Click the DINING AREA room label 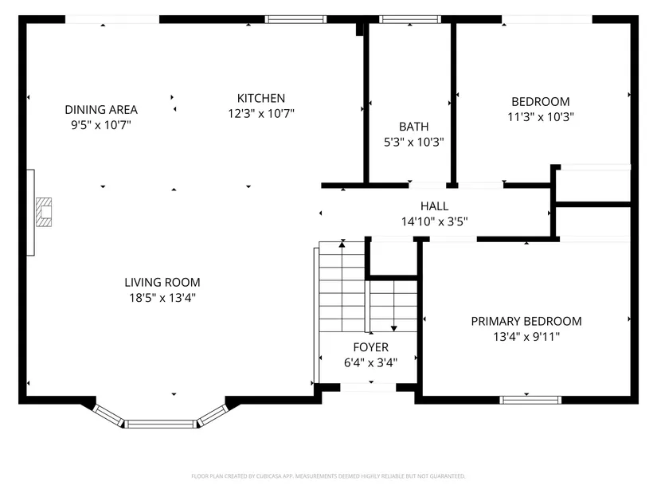point(101,110)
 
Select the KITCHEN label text point(261,98)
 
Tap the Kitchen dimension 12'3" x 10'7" point(261,114)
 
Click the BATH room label point(413,127)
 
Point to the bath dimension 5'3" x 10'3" point(413,142)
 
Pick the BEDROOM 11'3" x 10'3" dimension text point(541,117)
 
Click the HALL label point(435,206)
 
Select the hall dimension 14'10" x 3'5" point(435,221)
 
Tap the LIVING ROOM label point(162,283)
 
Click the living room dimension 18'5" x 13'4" point(162,298)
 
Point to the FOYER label point(371,347)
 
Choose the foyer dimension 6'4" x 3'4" point(371,362)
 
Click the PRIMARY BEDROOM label point(526,322)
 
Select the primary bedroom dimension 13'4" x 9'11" point(526,337)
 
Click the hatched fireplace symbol point(44,212)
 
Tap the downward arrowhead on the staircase point(394,329)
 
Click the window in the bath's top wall point(410,19)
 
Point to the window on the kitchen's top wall point(295,19)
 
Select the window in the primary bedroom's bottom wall point(530,400)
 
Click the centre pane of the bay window point(161,424)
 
